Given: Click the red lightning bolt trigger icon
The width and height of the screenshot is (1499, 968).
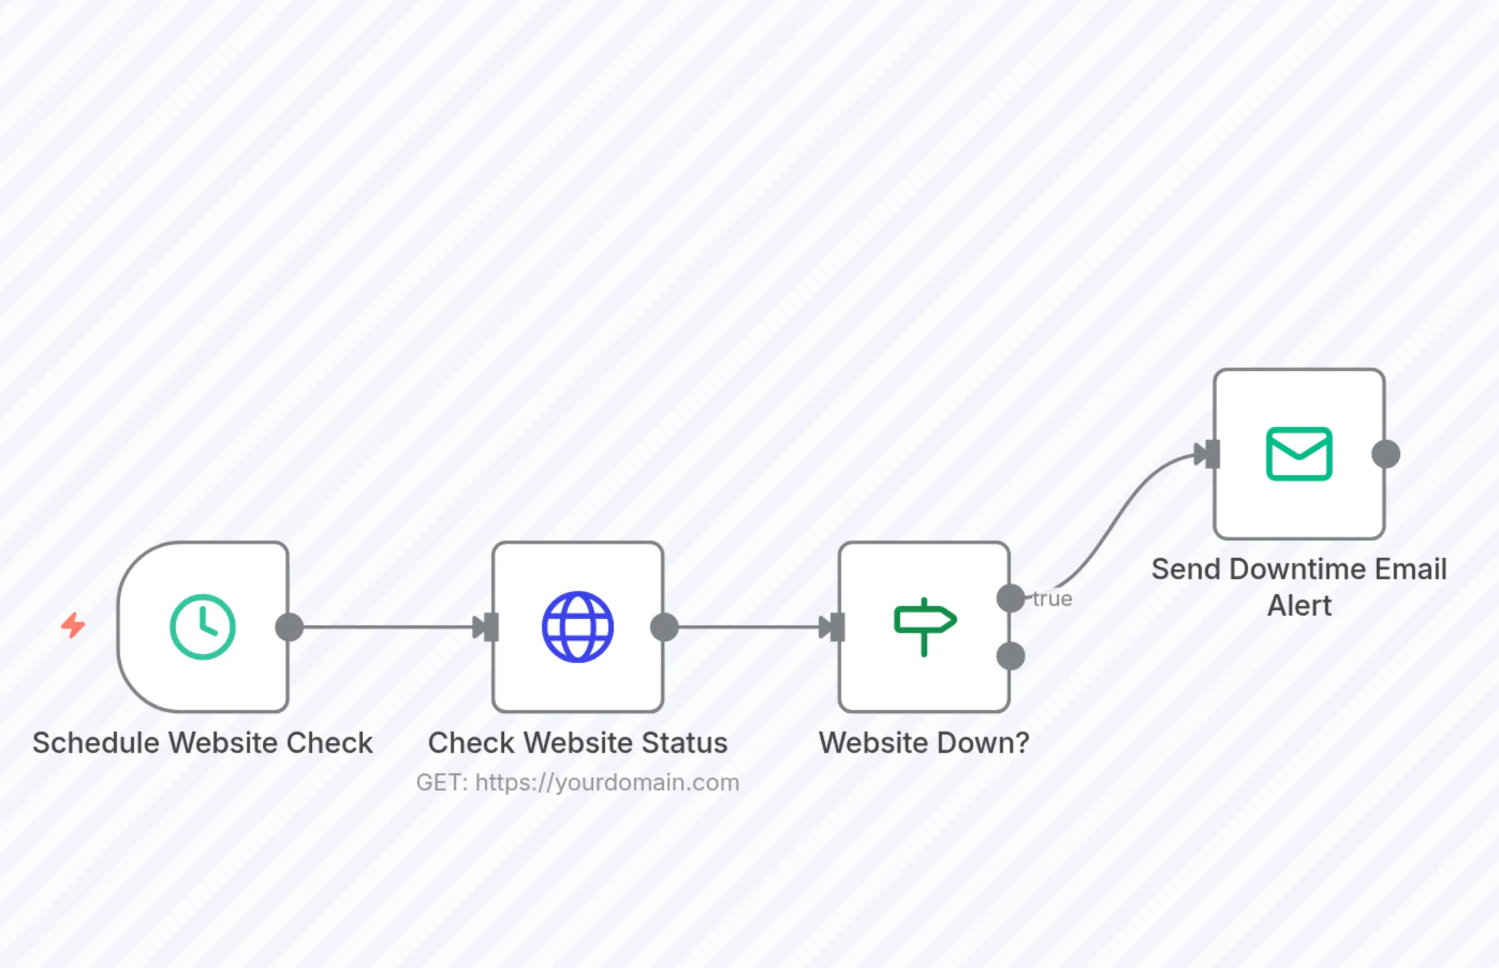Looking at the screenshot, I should point(73,625).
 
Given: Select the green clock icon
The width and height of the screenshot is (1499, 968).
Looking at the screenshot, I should point(202,627).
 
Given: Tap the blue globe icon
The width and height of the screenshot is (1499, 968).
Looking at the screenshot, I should point(577,627).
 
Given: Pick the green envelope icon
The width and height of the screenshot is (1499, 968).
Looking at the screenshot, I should point(1298,454).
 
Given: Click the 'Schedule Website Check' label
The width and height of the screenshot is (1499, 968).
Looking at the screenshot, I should point(202,743).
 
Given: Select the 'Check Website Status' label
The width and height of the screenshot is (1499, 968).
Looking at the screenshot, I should point(577,743).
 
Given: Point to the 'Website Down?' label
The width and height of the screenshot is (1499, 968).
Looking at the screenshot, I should point(924,743).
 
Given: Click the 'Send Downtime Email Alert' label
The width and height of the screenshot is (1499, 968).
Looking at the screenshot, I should point(1299,587).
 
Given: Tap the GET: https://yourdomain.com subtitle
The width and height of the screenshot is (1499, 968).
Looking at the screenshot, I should point(577,782).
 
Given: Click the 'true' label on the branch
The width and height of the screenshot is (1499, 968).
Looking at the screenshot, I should point(1053,599).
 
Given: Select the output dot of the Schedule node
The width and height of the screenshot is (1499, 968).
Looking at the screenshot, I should point(289,627).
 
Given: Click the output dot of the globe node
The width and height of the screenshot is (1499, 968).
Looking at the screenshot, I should point(664,627).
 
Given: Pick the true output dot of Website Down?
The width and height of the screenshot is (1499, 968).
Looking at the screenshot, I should point(1010,598).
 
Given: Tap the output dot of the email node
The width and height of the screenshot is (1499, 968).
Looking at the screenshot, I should point(1385,454).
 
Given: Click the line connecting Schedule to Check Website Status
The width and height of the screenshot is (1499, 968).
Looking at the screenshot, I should point(387,627).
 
